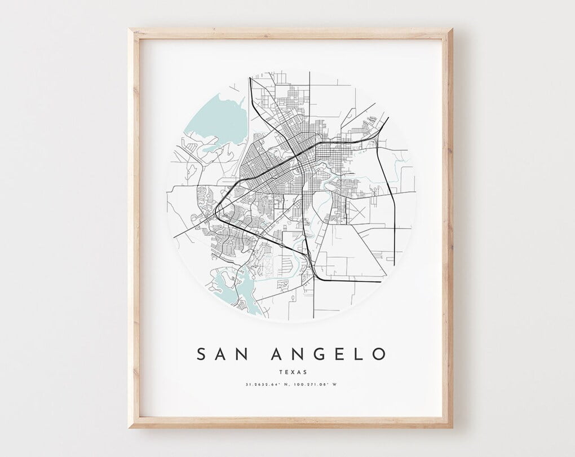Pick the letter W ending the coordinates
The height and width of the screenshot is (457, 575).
[x=334, y=385]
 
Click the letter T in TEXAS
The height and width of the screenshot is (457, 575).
[x=281, y=371]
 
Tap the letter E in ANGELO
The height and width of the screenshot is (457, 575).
[x=337, y=354]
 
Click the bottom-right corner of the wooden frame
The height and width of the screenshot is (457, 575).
[x=452, y=427]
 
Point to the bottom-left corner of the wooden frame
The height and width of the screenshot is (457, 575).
[x=130, y=427]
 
